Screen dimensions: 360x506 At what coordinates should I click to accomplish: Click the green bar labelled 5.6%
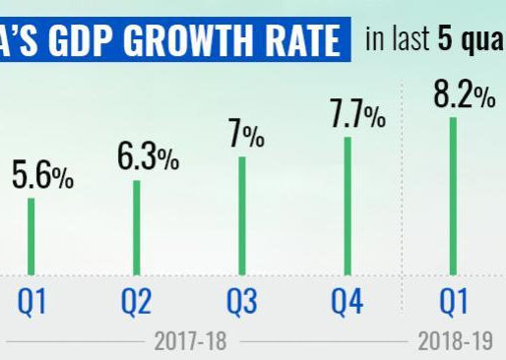click(x=31, y=236)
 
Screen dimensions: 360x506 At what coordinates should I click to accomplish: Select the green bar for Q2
click(x=137, y=227)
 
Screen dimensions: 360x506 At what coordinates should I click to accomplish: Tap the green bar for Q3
click(x=241, y=215)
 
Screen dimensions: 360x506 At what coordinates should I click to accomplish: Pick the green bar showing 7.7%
click(x=347, y=206)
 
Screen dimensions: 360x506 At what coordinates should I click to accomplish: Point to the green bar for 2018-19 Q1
click(x=453, y=196)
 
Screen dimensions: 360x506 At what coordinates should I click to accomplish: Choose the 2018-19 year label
click(x=453, y=342)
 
